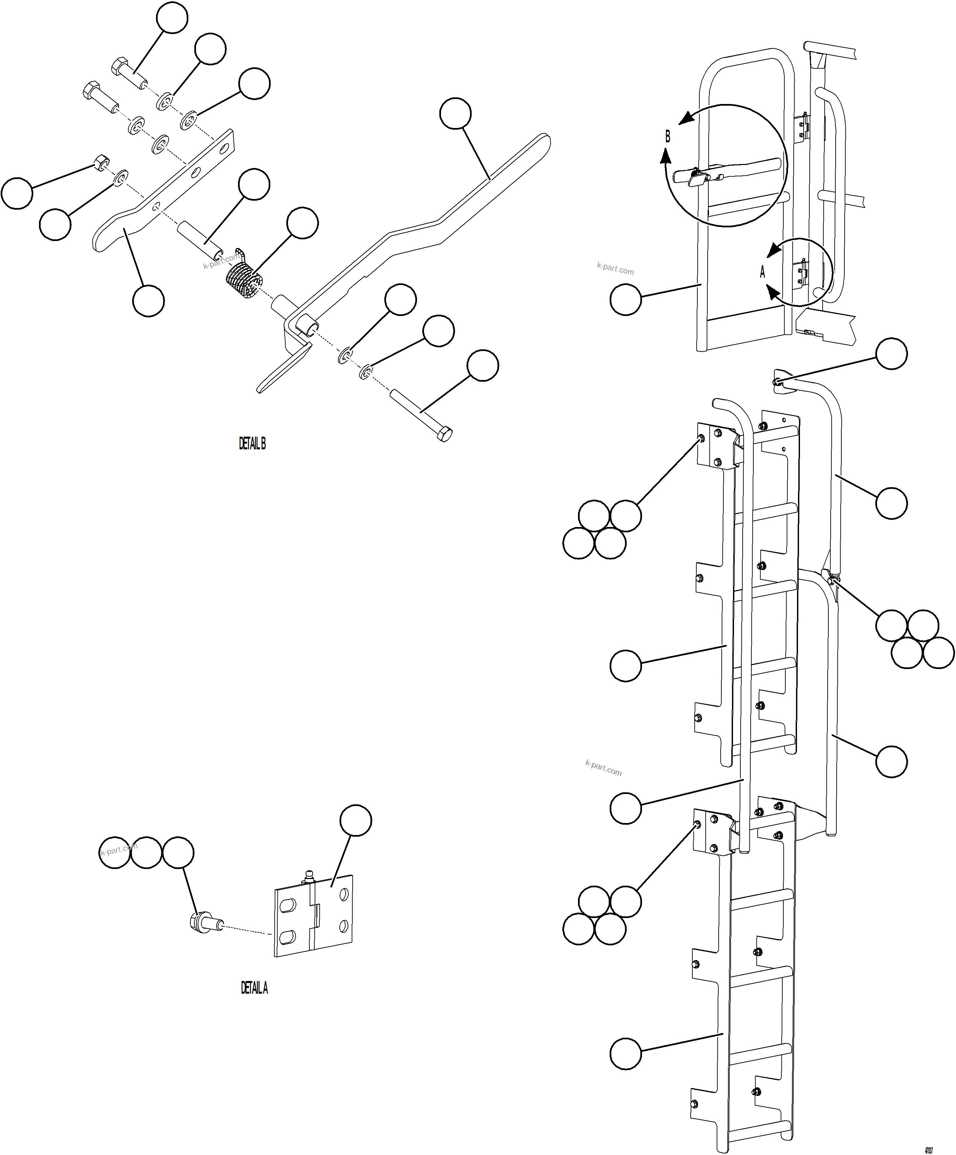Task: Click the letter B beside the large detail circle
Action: (x=668, y=136)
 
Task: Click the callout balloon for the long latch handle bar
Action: (x=455, y=113)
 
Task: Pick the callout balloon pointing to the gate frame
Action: (x=625, y=299)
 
